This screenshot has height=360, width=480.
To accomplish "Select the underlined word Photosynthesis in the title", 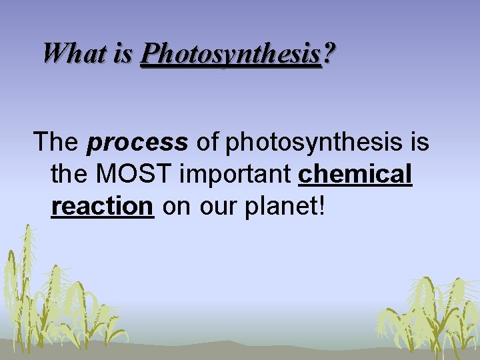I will (231, 53).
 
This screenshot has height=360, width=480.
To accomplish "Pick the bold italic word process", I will (137, 143).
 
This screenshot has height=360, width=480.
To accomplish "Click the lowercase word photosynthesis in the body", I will (313, 143).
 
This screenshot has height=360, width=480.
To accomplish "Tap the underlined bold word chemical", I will (356, 174).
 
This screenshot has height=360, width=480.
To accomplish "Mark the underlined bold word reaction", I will (103, 207).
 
